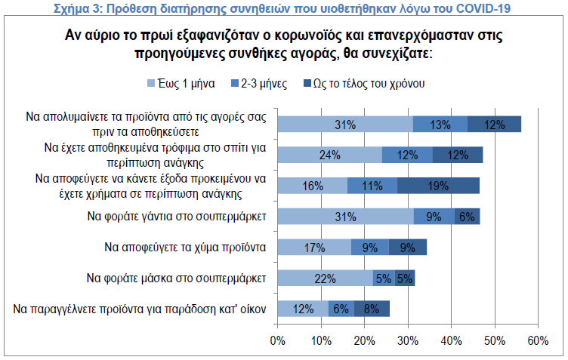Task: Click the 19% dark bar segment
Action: [438, 186]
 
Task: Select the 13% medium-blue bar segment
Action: [440, 125]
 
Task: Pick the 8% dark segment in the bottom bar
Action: [372, 308]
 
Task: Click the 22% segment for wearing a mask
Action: [326, 278]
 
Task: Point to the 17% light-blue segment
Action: [315, 247]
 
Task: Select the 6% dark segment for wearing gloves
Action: [467, 217]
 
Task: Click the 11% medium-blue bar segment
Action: [372, 186]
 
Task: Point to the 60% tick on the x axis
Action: [538, 340]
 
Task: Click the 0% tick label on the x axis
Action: [277, 340]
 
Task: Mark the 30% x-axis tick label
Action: [408, 340]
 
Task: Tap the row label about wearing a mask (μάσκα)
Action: [177, 278]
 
